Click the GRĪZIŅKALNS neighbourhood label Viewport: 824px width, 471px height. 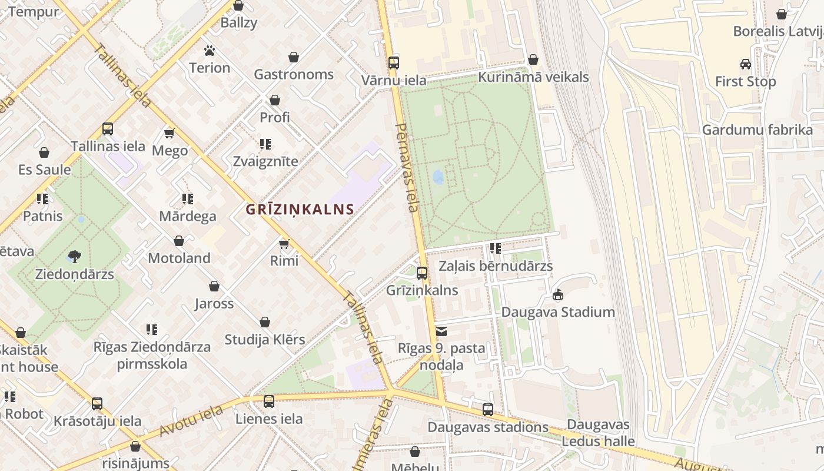pyautogui.click(x=300, y=209)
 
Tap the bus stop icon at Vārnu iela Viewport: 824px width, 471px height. pyautogui.click(x=394, y=62)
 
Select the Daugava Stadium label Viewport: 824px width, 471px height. pyautogui.click(x=558, y=312)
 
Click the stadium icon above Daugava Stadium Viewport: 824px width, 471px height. pyautogui.click(x=558, y=294)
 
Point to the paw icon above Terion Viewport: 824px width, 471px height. pyautogui.click(x=210, y=51)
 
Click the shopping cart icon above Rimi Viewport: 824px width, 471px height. pyautogui.click(x=284, y=244)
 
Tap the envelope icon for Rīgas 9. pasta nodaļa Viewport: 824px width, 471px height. pyautogui.click(x=441, y=331)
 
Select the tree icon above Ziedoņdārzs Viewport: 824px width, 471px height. pyautogui.click(x=74, y=257)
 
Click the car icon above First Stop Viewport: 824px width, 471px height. pyautogui.click(x=745, y=64)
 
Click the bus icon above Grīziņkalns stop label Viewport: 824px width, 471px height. pyautogui.click(x=422, y=273)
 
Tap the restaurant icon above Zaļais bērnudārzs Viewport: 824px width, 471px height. pyautogui.click(x=496, y=248)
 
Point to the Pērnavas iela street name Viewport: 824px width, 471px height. pyautogui.click(x=407, y=168)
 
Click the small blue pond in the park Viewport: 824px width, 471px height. pyautogui.click(x=438, y=176)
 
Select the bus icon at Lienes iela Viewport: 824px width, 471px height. pyautogui.click(x=269, y=402)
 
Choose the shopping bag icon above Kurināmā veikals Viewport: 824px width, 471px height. pyautogui.click(x=533, y=60)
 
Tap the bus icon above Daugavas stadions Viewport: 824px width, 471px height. pyautogui.click(x=488, y=410)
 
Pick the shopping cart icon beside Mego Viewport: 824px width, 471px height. pyautogui.click(x=170, y=134)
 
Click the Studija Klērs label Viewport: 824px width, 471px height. pyautogui.click(x=265, y=340)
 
